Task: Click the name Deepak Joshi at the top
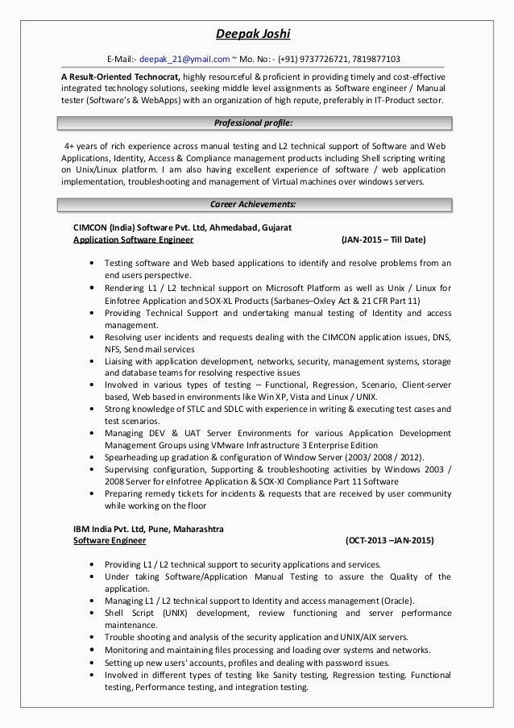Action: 257,34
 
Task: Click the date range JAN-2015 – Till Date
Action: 383,240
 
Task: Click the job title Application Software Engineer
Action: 133,240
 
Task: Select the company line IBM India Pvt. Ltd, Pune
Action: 148,529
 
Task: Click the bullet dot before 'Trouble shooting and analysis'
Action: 94,636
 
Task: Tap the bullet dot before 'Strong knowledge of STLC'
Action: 94,411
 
